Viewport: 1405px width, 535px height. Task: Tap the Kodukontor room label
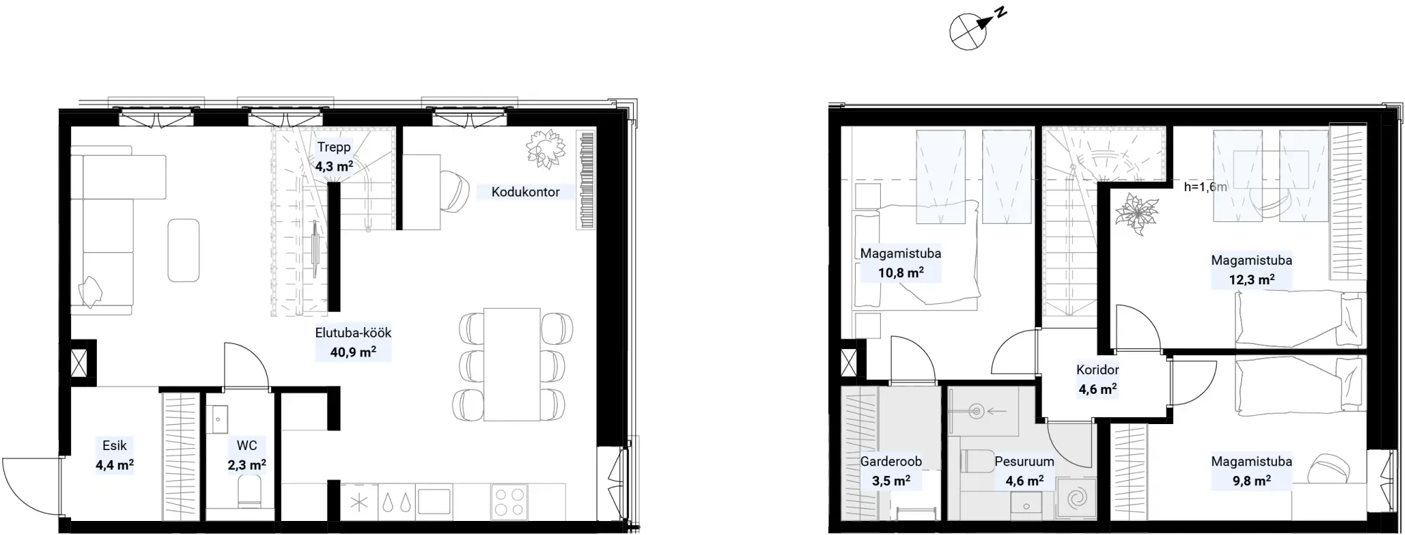[x=525, y=192]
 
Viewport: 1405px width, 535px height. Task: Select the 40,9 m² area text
[x=353, y=352]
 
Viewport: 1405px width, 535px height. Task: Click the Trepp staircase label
[x=334, y=147]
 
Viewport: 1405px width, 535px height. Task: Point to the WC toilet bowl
[x=249, y=491]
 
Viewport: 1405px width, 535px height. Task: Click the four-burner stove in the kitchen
[x=510, y=502]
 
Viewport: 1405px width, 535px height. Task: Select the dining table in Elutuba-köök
[x=512, y=364]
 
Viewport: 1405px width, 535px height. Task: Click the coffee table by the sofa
[x=183, y=250]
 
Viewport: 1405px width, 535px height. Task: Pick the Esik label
[x=115, y=445]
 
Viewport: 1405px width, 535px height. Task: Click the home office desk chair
[x=455, y=191]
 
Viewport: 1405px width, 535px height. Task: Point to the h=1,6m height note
[x=1205, y=187]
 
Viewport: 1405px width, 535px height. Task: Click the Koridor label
[x=1097, y=369]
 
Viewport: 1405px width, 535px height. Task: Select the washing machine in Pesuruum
[x=1076, y=499]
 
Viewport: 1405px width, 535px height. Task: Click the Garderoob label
[x=891, y=461]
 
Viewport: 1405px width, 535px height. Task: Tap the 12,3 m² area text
[x=1252, y=279]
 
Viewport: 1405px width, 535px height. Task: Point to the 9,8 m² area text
[x=1252, y=481]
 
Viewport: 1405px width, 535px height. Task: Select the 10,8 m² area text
[x=901, y=272]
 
